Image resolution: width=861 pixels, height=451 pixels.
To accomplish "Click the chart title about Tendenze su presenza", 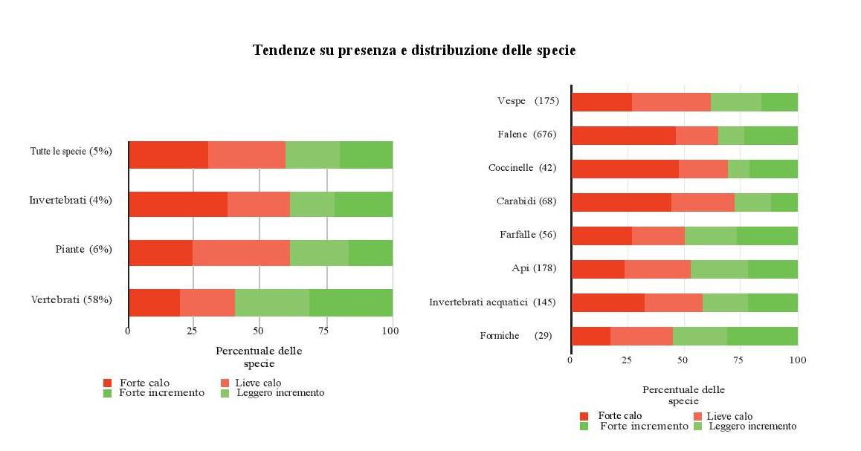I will tap(414, 51).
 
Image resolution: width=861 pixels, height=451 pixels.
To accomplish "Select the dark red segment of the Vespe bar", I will tap(602, 102).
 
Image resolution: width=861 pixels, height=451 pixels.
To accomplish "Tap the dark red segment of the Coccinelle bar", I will tap(625, 169).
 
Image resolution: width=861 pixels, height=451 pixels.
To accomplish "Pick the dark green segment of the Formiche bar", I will tap(762, 336).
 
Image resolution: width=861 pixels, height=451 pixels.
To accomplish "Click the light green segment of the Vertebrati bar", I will tap(271, 302).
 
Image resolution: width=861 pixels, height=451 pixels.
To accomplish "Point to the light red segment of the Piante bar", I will tap(241, 253).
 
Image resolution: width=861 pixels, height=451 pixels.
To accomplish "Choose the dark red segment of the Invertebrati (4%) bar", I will tap(178, 204).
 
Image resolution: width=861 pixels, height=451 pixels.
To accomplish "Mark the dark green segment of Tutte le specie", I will tap(366, 155).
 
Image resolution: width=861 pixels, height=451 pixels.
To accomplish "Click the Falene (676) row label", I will tap(526, 134).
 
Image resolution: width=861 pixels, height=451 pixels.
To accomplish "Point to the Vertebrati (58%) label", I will tap(71, 300).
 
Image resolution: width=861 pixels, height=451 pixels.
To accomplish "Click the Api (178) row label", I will tap(534, 268).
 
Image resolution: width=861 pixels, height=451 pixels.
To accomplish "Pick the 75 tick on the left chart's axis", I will tap(326, 331).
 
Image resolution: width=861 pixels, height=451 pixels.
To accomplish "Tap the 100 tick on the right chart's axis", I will tap(797, 360).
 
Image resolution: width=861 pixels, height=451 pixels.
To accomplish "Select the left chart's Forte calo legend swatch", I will tap(108, 383).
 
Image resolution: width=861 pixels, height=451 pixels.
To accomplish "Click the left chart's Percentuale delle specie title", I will tap(259, 357).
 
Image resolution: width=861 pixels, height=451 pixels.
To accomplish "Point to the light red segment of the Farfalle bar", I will tap(658, 236).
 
